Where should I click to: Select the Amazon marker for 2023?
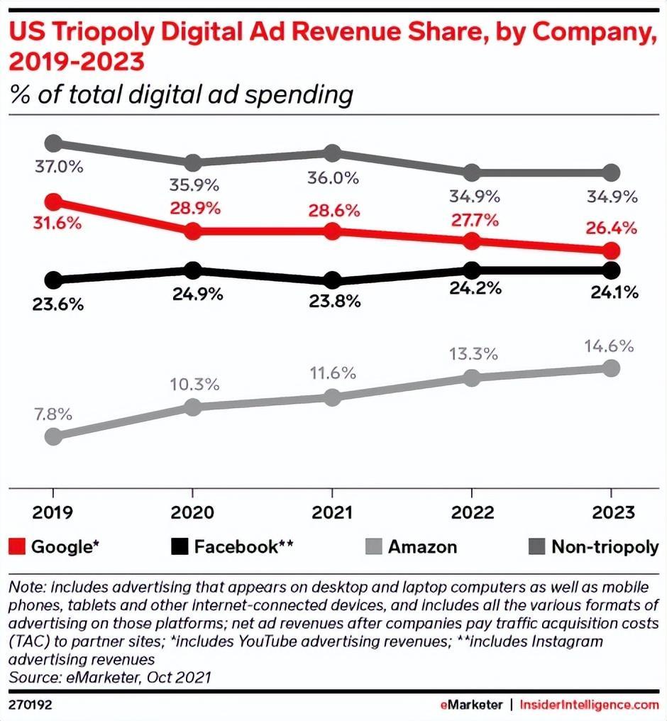point(611,368)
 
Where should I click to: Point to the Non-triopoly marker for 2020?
point(193,163)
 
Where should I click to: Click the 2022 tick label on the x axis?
point(472,513)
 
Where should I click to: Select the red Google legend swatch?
point(17,546)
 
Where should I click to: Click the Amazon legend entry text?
point(422,546)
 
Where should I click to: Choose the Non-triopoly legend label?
point(605,546)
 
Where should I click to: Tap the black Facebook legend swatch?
point(180,546)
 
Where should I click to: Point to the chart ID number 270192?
point(30,705)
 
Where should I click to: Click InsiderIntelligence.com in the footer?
point(590,705)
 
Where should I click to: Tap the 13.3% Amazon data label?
point(472,353)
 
